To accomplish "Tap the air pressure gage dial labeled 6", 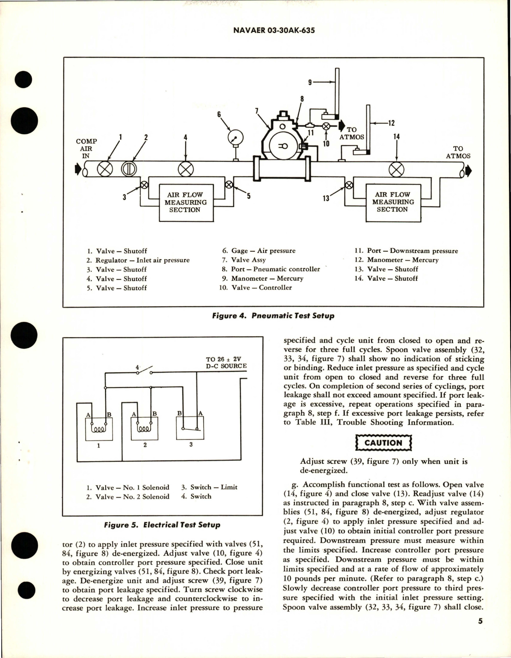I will pos(235,139).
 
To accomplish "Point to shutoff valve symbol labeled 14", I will pos(397,169).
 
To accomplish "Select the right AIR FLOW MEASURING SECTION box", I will pos(393,202).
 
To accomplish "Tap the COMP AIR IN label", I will pos(86,148).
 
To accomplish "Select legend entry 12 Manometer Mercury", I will pos(397,260).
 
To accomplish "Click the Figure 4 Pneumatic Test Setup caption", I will pos(273,316).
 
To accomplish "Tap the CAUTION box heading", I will pos(383,443).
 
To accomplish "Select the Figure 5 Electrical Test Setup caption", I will pos(162,525).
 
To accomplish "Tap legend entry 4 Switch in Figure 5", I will pos(196,496).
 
